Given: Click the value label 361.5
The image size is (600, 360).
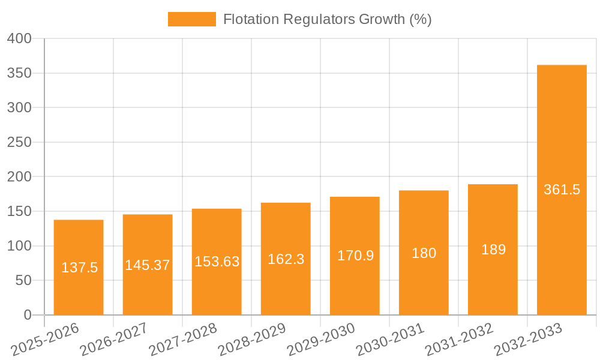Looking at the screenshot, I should pos(562,190).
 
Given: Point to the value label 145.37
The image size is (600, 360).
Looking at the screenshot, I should pos(148,265).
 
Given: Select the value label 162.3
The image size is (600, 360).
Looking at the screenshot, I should pos(286,259).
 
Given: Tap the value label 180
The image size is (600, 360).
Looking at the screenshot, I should pos(424,253).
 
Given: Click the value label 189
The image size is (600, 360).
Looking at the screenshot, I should pos(493,250).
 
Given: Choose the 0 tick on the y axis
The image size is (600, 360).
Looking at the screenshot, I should pos(26,315).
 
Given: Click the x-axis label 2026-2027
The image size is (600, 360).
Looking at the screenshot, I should pos(114,339).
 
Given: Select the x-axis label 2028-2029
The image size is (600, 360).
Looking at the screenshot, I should pos(252,339).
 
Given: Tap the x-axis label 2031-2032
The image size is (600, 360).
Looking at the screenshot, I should pos(459,339).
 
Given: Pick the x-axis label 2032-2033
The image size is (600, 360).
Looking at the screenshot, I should pos(528,339).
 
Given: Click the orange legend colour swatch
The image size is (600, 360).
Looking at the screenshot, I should pos(191,19).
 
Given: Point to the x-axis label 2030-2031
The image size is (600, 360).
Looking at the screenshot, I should pos(390,339).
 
